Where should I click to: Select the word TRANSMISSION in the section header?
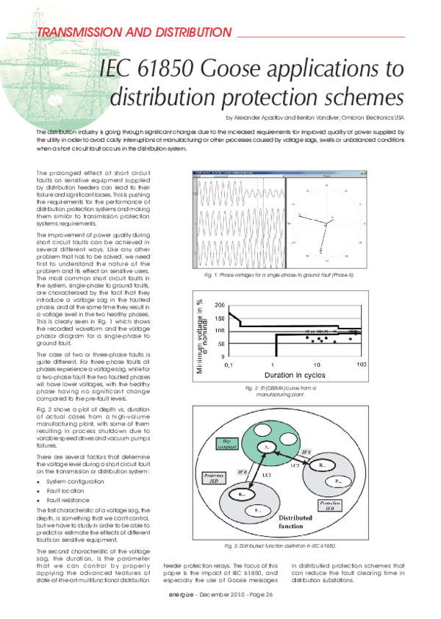tap(78, 33)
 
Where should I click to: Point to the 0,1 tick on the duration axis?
tap(228, 364)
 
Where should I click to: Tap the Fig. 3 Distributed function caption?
tap(280, 546)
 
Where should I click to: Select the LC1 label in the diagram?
tap(268, 476)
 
